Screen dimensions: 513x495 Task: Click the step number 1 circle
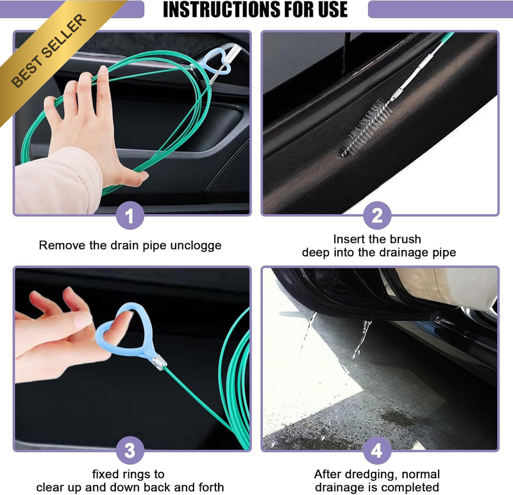click(x=130, y=215)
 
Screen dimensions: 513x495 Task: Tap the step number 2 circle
click(x=377, y=215)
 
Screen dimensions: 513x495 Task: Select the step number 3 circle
click(x=130, y=450)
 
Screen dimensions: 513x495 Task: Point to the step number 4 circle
click(x=377, y=450)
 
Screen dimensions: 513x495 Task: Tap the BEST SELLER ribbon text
click(x=49, y=51)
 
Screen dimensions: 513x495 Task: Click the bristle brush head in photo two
click(x=366, y=128)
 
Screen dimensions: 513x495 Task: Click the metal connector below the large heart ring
click(x=159, y=362)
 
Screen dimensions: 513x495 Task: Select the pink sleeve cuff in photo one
click(x=59, y=180)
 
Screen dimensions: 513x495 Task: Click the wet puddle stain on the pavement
click(x=396, y=418)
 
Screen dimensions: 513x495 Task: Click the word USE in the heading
click(x=332, y=9)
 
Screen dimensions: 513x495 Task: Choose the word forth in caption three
click(x=210, y=487)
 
